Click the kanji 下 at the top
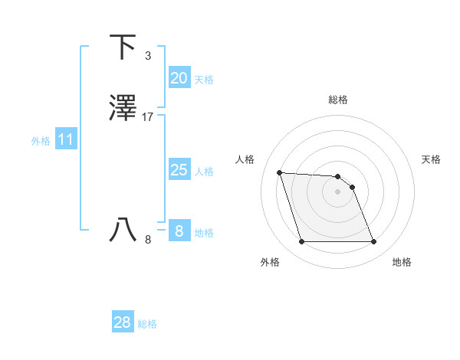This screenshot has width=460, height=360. coord(123,47)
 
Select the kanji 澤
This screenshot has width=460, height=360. coord(123,109)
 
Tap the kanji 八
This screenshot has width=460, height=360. coord(123,229)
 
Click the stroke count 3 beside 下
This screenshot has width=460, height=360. coord(147,56)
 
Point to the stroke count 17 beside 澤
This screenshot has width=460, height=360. coord(148,117)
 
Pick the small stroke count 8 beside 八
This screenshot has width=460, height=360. coord(147,239)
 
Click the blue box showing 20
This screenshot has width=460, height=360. coord(179,78)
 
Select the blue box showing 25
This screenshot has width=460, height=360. coord(179,170)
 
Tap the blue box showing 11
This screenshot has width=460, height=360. coord(65,140)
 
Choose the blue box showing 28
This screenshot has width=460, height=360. coord(122,322)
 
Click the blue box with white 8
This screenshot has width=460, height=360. coord(179,231)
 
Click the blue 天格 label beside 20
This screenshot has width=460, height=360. coord(204,80)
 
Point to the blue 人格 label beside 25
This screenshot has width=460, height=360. coord(204,172)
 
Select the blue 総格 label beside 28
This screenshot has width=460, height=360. coord(147,324)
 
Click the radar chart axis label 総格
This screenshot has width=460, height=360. coord(338,100)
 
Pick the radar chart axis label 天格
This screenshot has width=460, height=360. coord(431,159)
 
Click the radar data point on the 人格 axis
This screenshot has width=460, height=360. coord(279,172)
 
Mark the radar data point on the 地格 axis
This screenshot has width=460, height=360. coord(373,242)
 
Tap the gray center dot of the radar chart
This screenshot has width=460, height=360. coord(338,191)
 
